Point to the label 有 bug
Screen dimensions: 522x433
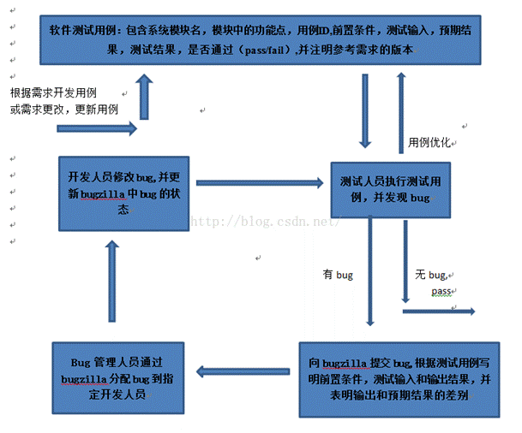pyautogui.click(x=338, y=275)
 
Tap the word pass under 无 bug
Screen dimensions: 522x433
pyautogui.click(x=441, y=292)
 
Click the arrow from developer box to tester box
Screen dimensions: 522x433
pyautogui.click(x=258, y=181)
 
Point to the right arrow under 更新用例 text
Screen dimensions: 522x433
pyautogui.click(x=96, y=129)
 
